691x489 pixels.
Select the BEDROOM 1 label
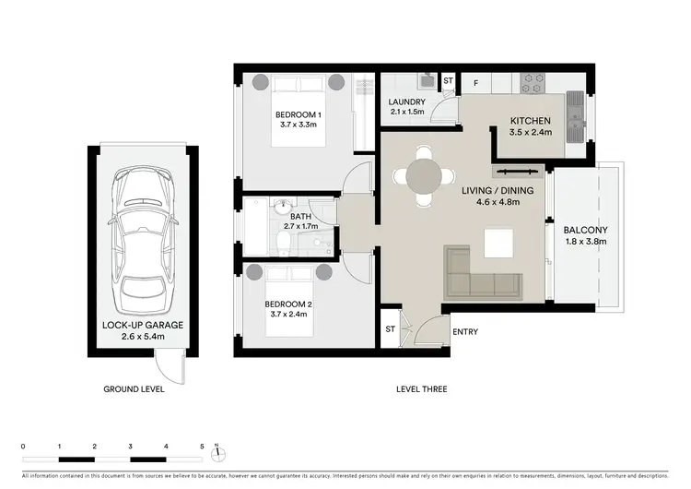(298, 114)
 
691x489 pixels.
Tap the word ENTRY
(464, 333)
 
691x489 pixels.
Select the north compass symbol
(216, 451)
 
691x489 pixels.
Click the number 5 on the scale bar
(202, 447)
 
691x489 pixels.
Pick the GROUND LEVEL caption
(134, 389)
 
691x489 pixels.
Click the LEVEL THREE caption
(417, 389)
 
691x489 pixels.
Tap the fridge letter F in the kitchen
(475, 82)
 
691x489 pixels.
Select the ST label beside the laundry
(448, 81)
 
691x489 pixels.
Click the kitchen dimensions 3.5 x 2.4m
(530, 132)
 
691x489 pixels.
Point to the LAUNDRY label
(405, 101)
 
